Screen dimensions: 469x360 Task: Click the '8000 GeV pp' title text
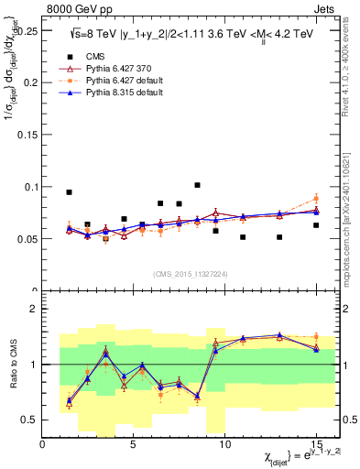point(76,7)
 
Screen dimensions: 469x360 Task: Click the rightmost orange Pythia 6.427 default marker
point(316,199)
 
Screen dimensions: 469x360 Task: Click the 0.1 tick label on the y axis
point(30,187)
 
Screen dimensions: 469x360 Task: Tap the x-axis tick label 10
point(224,442)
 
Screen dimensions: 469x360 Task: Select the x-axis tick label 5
point(134,442)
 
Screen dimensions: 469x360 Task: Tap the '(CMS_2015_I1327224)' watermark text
point(192,273)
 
